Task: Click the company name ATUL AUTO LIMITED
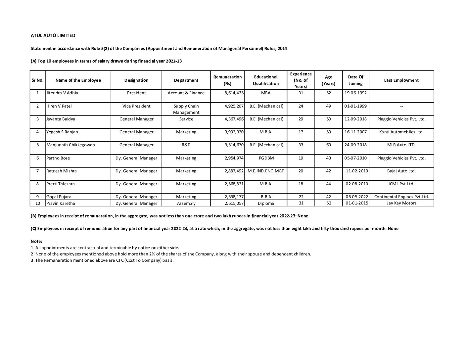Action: (53, 35)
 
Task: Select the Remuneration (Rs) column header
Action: (227, 80)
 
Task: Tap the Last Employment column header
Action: (401, 80)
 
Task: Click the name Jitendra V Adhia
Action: (62, 93)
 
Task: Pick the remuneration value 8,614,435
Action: (234, 93)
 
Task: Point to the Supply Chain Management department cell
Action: (186, 109)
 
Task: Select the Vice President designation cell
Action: (136, 106)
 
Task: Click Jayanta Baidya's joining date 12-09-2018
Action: (355, 119)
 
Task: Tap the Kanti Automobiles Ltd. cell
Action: (401, 132)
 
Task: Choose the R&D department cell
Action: (186, 145)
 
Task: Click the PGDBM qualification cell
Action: (266, 158)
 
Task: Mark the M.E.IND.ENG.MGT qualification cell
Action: (266, 171)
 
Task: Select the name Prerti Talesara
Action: (61, 184)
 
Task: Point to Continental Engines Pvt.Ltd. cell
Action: (401, 197)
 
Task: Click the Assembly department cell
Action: (186, 203)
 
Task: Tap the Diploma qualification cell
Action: (266, 203)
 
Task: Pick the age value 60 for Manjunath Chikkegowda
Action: (328, 145)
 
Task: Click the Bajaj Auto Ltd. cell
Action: (401, 171)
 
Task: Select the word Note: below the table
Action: (36, 242)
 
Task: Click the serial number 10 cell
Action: (37, 203)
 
